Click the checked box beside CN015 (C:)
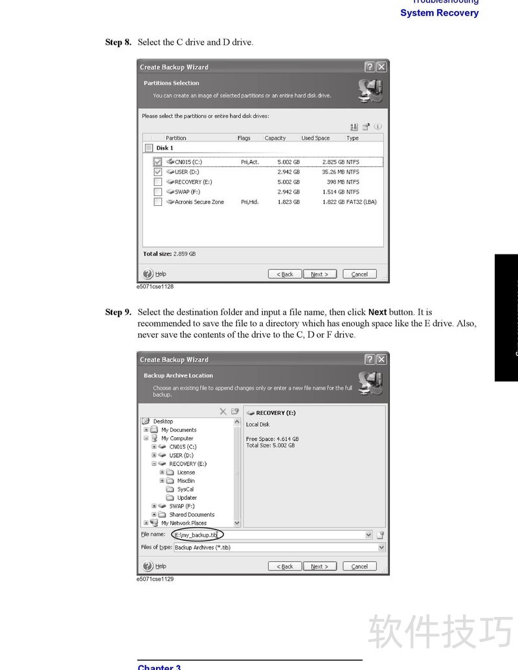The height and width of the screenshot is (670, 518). pyautogui.click(x=158, y=162)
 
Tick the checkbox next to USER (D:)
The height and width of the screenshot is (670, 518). pyautogui.click(x=158, y=172)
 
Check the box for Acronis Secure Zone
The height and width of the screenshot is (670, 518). pyautogui.click(x=158, y=202)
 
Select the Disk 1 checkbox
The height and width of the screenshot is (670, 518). pyautogui.click(x=150, y=148)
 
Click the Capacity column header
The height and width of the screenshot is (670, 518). pyautogui.click(x=275, y=138)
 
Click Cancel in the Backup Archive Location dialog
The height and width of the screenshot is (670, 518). pyautogui.click(x=359, y=566)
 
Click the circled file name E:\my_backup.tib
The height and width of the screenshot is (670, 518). pyautogui.click(x=197, y=535)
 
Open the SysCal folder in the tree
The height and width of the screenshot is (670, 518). pyautogui.click(x=185, y=489)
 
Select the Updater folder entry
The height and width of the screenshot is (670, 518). pyautogui.click(x=186, y=498)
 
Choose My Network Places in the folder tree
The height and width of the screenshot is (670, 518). pyautogui.click(x=183, y=523)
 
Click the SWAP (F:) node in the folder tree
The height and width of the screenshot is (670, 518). pyautogui.click(x=181, y=506)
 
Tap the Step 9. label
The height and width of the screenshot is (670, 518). pyautogui.click(x=118, y=312)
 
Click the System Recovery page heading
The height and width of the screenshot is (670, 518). pyautogui.click(x=439, y=13)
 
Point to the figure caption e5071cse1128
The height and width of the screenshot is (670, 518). pyautogui.click(x=155, y=286)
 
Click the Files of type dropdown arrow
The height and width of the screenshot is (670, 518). pyautogui.click(x=381, y=548)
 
